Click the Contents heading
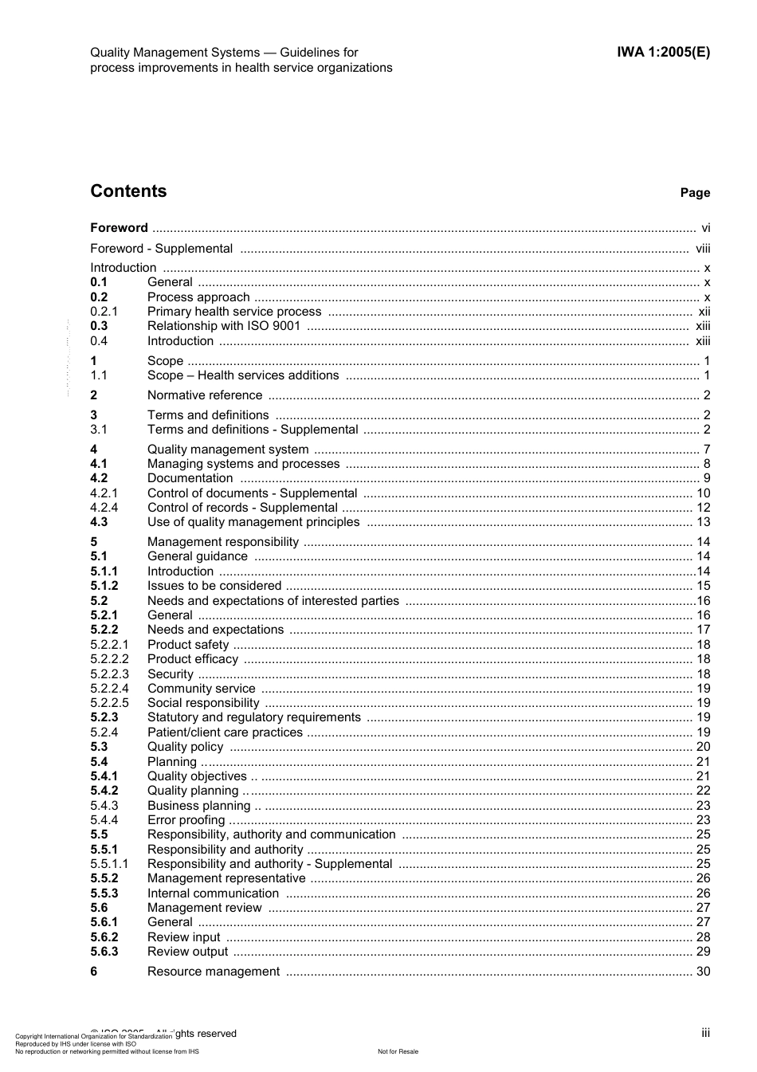tap(128, 191)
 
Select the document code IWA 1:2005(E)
tap(663, 53)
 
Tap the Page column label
tap(695, 193)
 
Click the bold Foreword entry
tap(119, 228)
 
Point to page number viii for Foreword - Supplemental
tap(702, 249)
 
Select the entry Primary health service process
tap(234, 312)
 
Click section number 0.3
tap(99, 326)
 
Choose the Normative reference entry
tap(205, 395)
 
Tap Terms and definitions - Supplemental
tap(253, 430)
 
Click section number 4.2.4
tap(104, 508)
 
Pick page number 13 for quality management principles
tap(703, 522)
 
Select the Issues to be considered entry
tap(214, 586)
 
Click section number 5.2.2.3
tap(109, 674)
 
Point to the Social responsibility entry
tap(203, 703)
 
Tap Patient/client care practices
tap(225, 732)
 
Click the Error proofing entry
tap(186, 820)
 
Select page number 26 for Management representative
tap(703, 878)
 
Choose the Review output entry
tap(187, 952)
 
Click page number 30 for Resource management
tap(703, 972)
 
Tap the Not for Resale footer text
tap(398, 1051)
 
